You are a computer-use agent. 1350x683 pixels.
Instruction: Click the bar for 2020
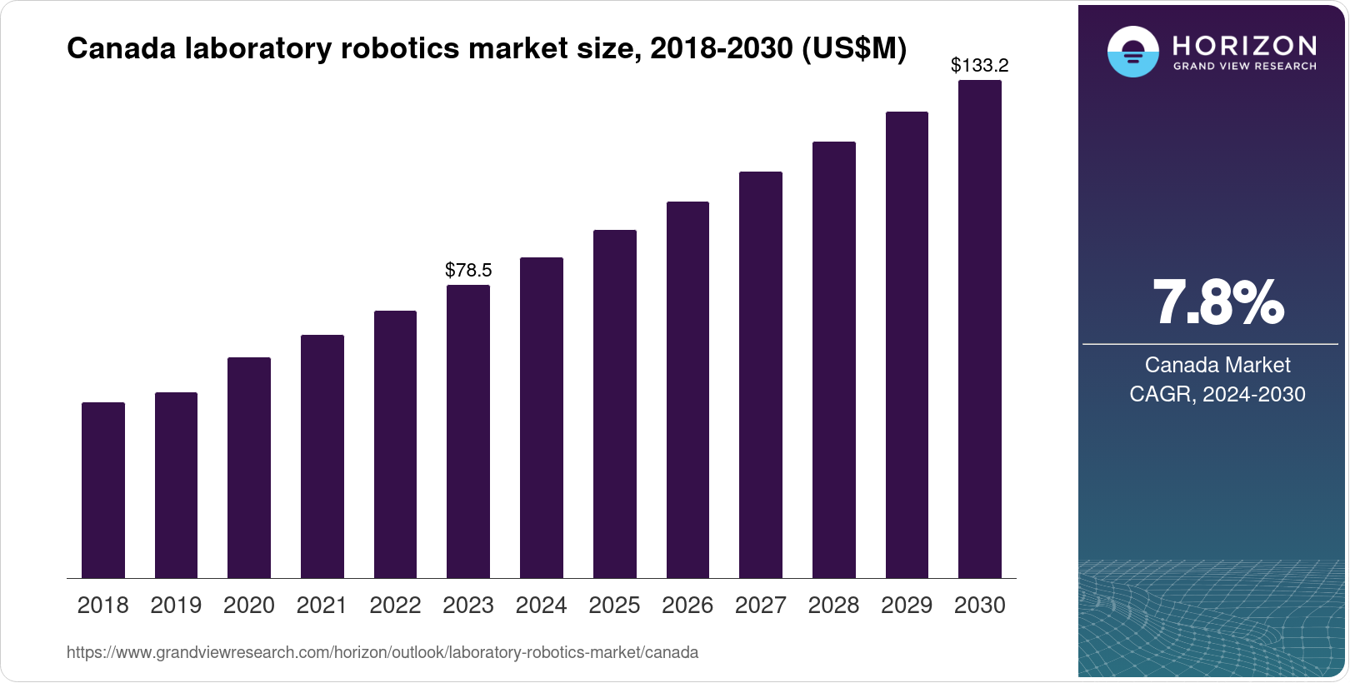(249, 467)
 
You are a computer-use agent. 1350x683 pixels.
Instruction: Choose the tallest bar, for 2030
(980, 329)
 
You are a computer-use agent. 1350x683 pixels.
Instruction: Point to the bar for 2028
(834, 360)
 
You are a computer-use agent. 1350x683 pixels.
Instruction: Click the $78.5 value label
(468, 270)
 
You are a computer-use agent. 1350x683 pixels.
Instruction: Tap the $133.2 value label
(980, 65)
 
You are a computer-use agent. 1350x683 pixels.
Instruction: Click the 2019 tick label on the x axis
(176, 606)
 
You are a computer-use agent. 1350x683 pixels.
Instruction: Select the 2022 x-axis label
(395, 606)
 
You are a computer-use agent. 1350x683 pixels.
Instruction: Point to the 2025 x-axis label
(614, 606)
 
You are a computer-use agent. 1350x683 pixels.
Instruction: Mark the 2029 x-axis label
(907, 606)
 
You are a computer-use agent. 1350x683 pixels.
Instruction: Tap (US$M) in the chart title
(853, 49)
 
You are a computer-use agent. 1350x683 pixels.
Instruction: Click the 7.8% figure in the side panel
(1217, 304)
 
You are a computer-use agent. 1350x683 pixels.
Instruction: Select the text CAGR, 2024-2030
(1217, 394)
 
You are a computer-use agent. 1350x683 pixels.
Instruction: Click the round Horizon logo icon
(1132, 52)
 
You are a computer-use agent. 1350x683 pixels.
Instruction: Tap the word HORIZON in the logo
(1245, 45)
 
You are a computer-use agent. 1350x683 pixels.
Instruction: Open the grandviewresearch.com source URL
(382, 653)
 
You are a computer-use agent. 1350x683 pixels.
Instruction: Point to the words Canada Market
(1217, 365)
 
